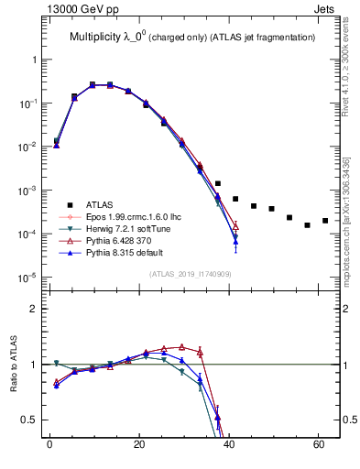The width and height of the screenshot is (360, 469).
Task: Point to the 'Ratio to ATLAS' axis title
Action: pyautogui.click(x=15, y=362)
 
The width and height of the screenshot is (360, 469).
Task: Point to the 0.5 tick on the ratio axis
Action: pyautogui.click(x=29, y=420)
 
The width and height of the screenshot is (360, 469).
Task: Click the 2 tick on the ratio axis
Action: pyautogui.click(x=33, y=309)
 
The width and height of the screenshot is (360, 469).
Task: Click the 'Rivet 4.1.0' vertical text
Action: pyautogui.click(x=353, y=78)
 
